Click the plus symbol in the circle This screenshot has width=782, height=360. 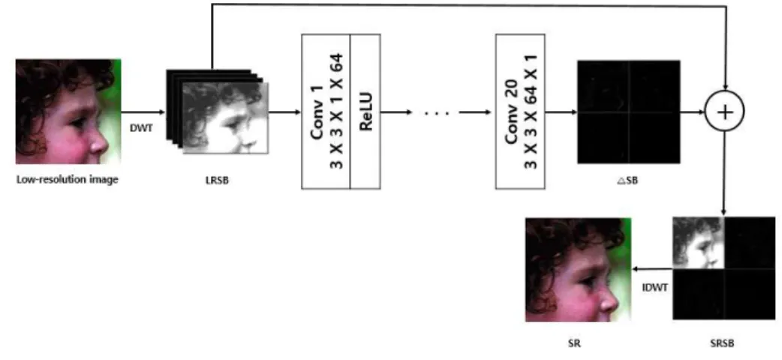tap(725, 112)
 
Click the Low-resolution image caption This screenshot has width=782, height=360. tap(68, 179)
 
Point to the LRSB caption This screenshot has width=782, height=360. tap(217, 181)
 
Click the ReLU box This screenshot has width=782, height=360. tap(365, 112)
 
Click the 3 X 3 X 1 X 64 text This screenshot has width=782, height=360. tap(337, 112)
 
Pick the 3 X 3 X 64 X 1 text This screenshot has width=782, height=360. tap(531, 112)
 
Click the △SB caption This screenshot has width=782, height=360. tap(628, 181)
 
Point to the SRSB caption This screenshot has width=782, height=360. tap(722, 343)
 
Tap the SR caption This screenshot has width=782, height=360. tap(575, 343)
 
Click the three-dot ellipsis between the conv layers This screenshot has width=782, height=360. tap(436, 113)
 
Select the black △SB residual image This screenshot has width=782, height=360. tap(628, 112)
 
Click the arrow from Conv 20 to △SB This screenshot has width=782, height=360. tap(561, 112)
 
